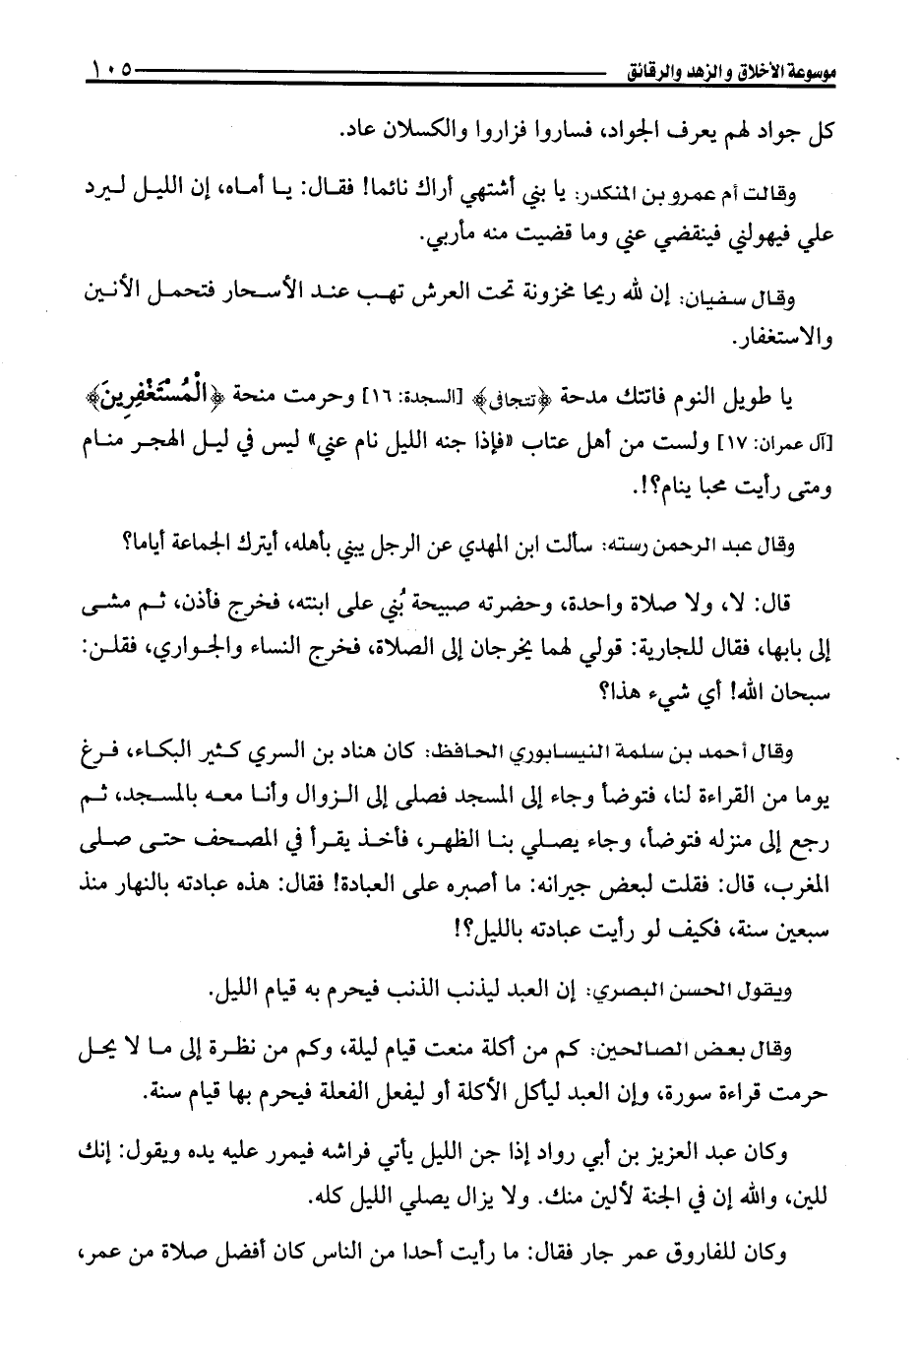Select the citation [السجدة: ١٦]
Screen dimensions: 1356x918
click(x=427, y=401)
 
